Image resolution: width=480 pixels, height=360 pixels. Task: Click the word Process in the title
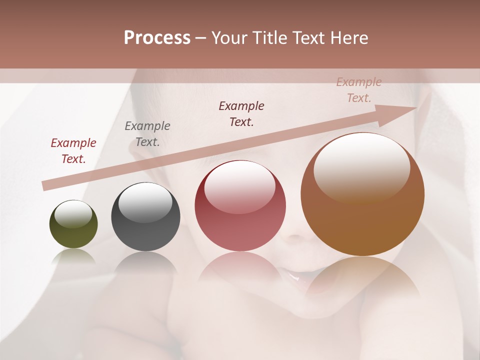point(157,38)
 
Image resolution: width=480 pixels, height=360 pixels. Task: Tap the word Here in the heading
point(349,38)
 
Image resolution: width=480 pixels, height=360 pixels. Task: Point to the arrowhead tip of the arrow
point(416,108)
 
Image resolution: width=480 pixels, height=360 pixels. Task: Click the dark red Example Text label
point(73,150)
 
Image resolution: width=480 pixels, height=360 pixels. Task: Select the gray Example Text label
point(147,133)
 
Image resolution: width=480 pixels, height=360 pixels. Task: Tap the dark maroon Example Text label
point(241,113)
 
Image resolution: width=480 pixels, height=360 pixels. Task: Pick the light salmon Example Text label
point(358,90)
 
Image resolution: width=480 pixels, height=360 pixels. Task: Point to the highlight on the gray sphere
point(145,202)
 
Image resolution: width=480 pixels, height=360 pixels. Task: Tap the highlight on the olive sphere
point(73,213)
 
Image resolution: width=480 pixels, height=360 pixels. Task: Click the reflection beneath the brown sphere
point(362,277)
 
